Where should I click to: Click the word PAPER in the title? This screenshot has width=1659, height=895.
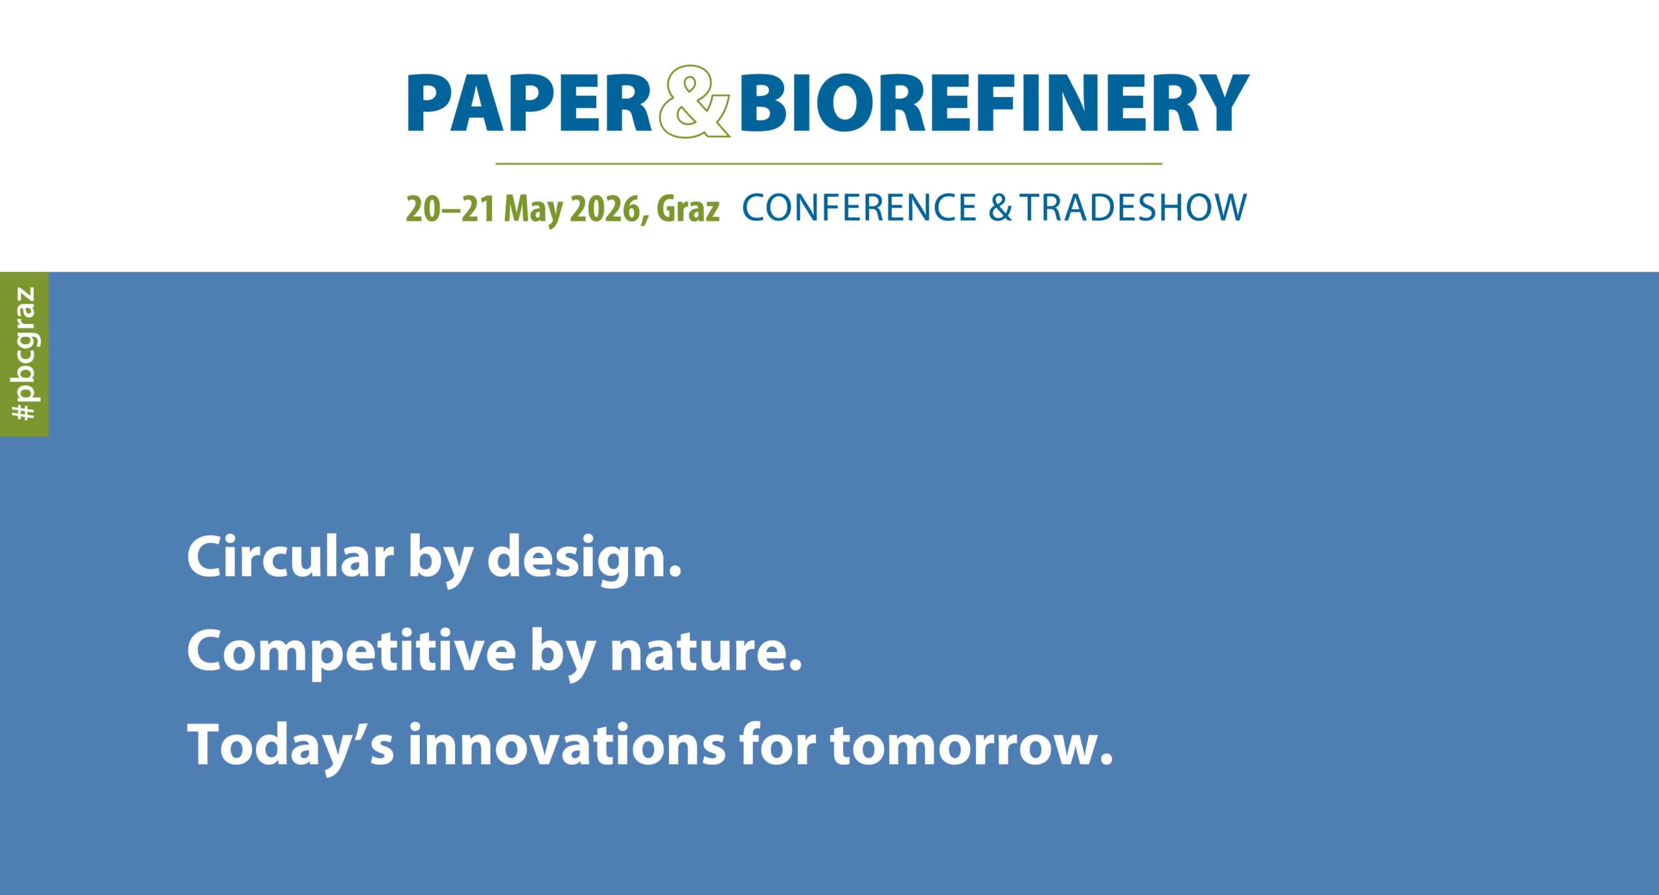coord(528,104)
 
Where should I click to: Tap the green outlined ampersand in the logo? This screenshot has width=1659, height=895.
coord(694,102)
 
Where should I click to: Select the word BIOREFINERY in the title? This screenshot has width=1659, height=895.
coord(993,104)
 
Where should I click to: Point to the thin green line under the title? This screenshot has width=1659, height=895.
coord(828,164)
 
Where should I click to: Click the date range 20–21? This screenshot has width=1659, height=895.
coord(450,209)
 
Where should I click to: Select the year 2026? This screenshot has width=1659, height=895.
coord(608,209)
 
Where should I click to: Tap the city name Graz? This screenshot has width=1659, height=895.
coord(688,209)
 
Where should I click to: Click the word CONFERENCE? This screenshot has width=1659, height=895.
coord(859,207)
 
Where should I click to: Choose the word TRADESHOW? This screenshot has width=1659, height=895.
coord(1133,207)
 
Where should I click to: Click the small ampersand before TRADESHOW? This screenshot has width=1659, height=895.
coord(1000,207)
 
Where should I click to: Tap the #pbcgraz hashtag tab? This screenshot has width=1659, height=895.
coord(24,354)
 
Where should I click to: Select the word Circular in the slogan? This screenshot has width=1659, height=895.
coord(290,557)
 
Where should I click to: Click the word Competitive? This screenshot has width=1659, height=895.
coord(351,651)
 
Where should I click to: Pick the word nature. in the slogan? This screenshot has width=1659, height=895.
coord(706,651)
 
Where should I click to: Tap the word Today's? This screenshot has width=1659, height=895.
coord(290,746)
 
